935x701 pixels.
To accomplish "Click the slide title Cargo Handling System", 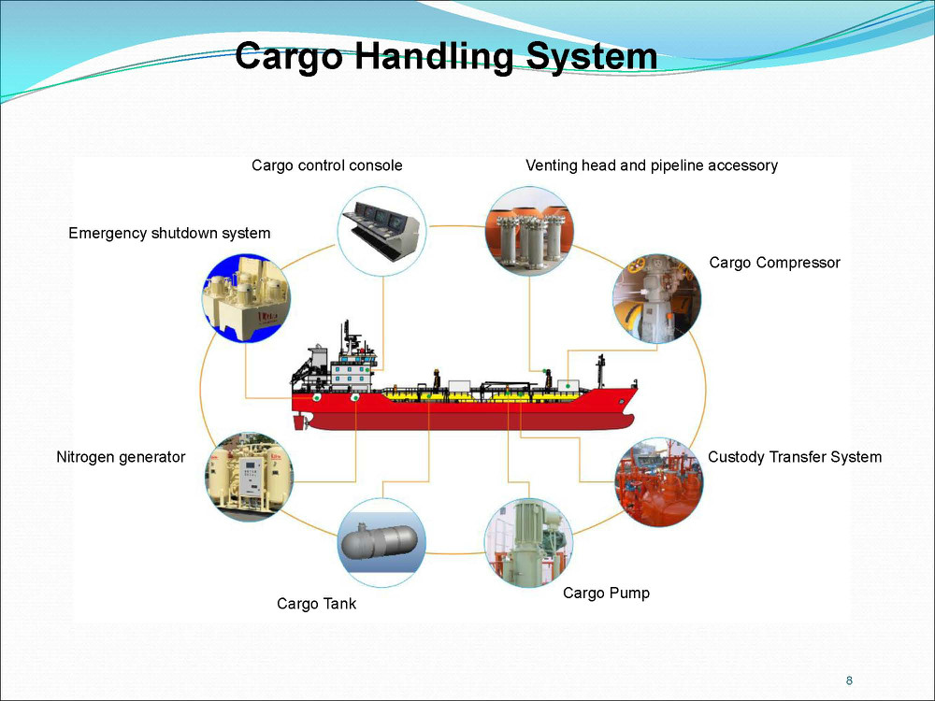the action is click(x=446, y=57).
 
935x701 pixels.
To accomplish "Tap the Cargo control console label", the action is click(x=326, y=165).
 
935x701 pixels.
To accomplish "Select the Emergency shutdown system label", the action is click(x=169, y=233).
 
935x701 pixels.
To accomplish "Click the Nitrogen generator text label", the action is click(x=121, y=457).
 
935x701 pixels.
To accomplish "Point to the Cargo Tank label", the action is click(x=316, y=604).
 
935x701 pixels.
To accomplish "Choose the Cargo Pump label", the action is click(x=606, y=594).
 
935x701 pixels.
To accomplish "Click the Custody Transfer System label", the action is click(x=794, y=457).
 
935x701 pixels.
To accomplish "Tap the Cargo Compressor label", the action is click(x=774, y=263).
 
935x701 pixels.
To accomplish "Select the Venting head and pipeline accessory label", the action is click(x=651, y=165).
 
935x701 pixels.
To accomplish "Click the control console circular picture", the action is click(x=381, y=231).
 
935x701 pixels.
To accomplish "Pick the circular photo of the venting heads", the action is click(x=529, y=231).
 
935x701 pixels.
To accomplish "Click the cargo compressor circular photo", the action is click(x=656, y=299).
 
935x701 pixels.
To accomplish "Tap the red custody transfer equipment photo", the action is click(x=658, y=482).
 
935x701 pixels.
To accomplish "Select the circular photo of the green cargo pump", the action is click(x=528, y=542).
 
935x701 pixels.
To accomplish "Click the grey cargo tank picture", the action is click(x=381, y=542).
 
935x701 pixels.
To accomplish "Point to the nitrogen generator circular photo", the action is click(x=250, y=477).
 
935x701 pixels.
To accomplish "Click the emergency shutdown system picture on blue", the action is click(x=246, y=298).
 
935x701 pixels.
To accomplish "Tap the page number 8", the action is click(x=849, y=680).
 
